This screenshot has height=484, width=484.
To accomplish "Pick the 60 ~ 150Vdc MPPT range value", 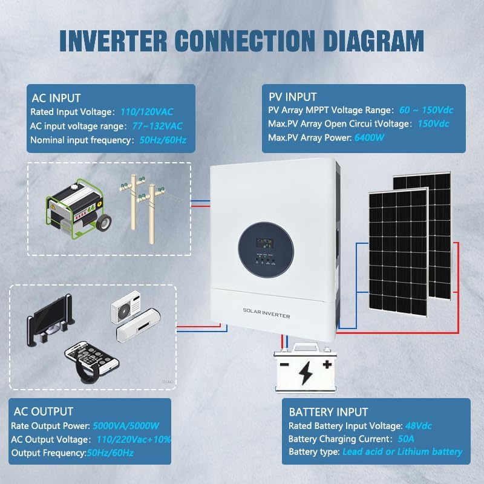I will coord(426,111).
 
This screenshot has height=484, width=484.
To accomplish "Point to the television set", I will coord(51,324).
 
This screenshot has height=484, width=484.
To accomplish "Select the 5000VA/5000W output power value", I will coord(125,426).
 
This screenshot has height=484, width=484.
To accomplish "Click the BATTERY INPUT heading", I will coord(328,413).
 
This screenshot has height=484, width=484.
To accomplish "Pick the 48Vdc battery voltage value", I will coord(415,426).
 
